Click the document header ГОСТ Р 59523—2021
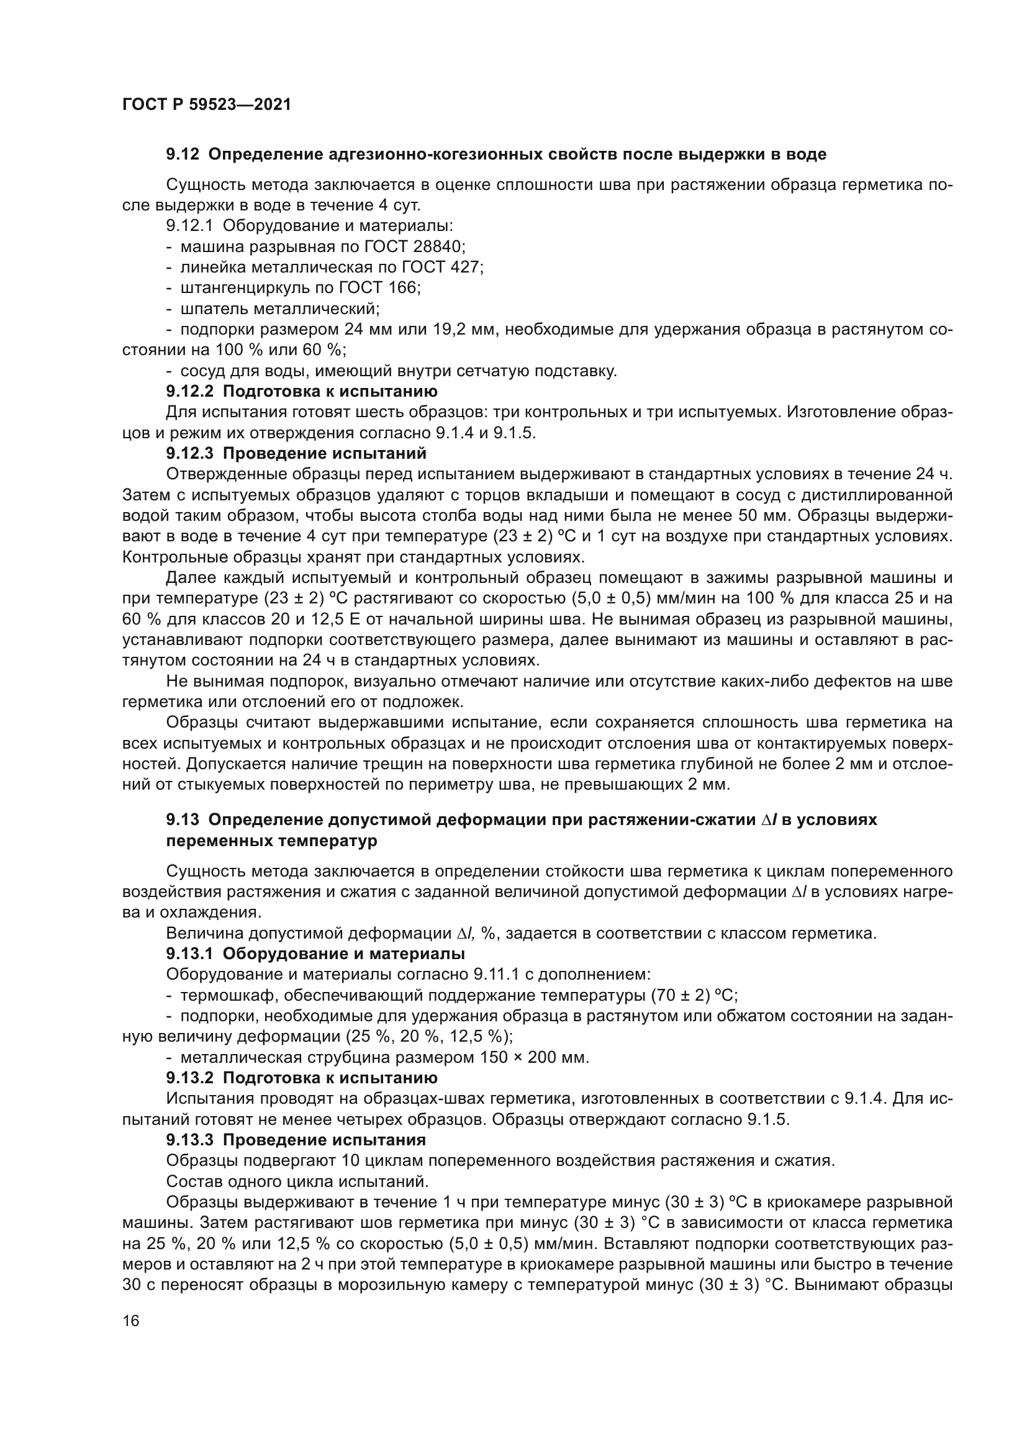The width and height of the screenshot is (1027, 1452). (x=207, y=105)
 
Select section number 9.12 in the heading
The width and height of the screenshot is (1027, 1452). (x=183, y=155)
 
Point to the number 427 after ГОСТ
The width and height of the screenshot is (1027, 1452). (x=467, y=268)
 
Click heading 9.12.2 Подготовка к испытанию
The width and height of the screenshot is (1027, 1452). (x=302, y=392)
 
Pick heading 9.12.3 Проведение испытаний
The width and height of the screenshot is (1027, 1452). (x=296, y=453)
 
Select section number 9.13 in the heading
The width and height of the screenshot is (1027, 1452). (x=183, y=820)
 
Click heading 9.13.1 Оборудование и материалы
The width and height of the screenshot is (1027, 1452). (x=315, y=954)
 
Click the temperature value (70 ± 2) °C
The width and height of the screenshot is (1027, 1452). (x=694, y=995)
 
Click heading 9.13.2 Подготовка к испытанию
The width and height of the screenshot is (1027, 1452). (x=302, y=1078)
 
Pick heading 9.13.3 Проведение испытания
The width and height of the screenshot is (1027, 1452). (x=296, y=1140)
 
